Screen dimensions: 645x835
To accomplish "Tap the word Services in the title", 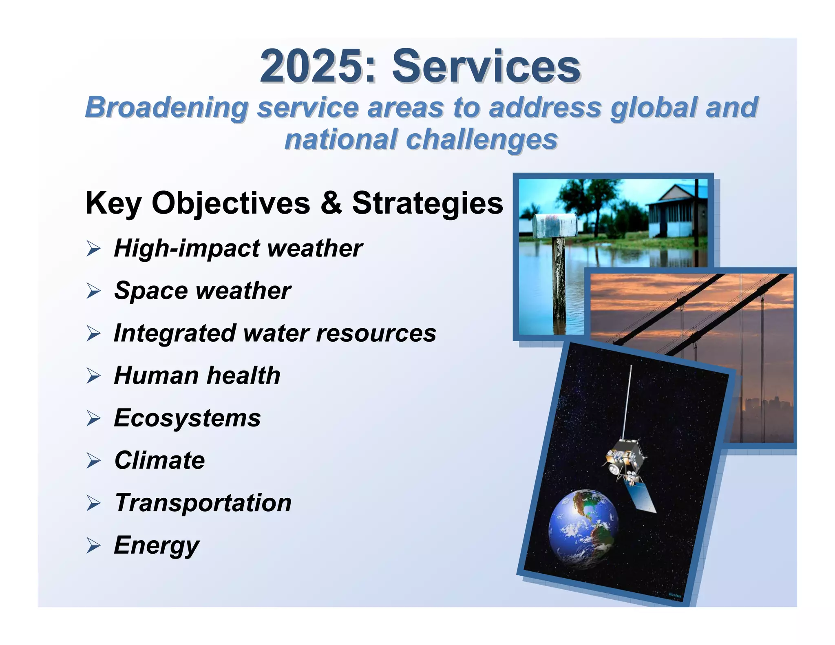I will (x=486, y=66).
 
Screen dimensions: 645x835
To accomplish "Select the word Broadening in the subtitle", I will (x=166, y=108).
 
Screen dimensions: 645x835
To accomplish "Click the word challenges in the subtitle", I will (x=482, y=139).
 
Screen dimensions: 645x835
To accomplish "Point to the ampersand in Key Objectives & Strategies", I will (x=331, y=203).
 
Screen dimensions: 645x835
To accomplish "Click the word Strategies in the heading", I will (x=428, y=203).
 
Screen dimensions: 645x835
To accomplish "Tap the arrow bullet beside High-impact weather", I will (x=93, y=249).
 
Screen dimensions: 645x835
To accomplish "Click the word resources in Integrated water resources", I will (x=376, y=333).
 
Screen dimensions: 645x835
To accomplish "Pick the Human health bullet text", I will (x=197, y=376).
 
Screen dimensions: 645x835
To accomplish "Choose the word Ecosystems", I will (x=187, y=418).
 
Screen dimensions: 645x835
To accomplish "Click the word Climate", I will (x=159, y=460).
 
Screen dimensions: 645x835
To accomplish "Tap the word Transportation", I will (x=203, y=503).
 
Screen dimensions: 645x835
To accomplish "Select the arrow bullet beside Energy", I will (x=93, y=546).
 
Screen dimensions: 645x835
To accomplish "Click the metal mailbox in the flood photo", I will (x=555, y=225).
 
